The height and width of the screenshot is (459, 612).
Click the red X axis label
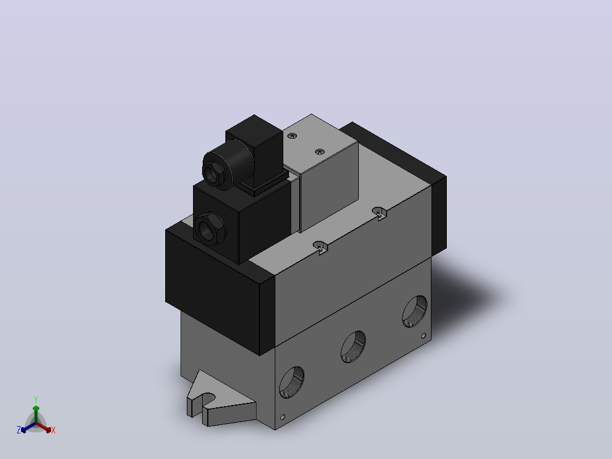click(x=53, y=430)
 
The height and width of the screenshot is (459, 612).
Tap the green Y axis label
click(x=36, y=399)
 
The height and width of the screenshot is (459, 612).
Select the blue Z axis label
click(x=19, y=429)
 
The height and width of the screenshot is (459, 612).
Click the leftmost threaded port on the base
click(x=292, y=382)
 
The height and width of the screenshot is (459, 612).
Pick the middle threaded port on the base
click(x=353, y=347)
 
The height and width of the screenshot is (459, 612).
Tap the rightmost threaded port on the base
click(x=415, y=311)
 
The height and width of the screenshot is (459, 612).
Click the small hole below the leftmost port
click(x=283, y=417)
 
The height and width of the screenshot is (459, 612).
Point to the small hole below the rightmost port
click(x=424, y=336)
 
